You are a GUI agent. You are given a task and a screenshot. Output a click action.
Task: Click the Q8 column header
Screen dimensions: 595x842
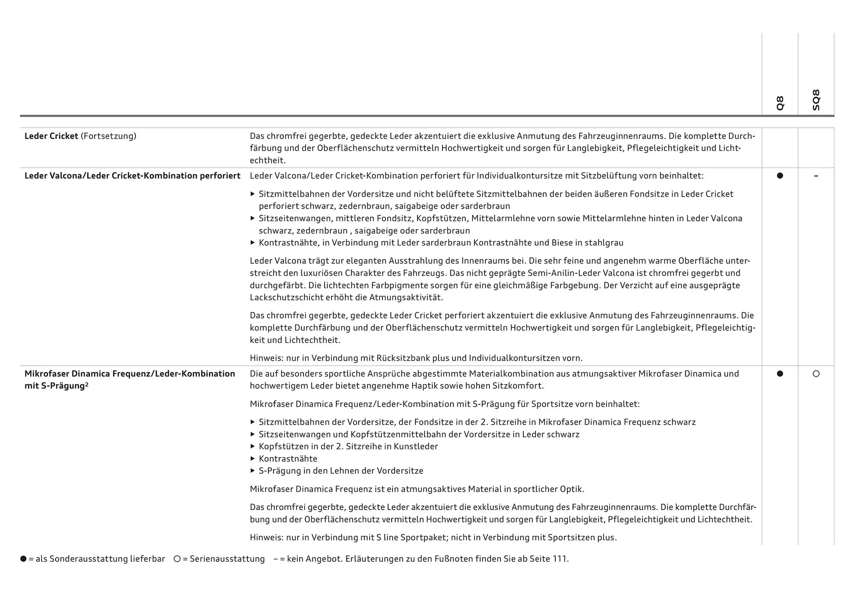pos(780,103)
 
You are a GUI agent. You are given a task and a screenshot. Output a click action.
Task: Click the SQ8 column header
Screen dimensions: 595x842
pos(816,100)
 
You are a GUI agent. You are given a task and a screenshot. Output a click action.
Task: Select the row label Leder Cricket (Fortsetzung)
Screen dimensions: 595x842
pos(80,136)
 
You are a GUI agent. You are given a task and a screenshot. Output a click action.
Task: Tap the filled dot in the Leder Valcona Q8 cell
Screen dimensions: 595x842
pos(780,176)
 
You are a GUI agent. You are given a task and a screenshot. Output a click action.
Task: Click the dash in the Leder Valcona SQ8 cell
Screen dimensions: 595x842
pos(816,176)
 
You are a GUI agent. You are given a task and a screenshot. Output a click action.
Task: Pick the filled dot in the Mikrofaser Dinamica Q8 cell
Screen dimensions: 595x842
pos(780,374)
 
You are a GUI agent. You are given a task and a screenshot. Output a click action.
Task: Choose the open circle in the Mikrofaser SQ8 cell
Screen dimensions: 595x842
pos(816,374)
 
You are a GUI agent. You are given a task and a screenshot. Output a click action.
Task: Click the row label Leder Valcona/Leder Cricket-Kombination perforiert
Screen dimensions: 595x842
pos(132,176)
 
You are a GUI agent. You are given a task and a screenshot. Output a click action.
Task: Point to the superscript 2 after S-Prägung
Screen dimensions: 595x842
pos(87,384)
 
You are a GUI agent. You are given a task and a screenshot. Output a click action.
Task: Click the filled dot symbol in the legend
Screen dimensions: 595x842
pos(23,559)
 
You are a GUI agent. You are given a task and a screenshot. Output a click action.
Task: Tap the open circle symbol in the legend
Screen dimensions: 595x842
pos(177,559)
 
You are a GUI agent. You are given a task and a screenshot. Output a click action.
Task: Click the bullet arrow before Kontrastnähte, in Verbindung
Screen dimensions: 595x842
pos(253,242)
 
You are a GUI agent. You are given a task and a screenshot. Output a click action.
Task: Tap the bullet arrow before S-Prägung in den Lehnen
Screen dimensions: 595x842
pos(253,471)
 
